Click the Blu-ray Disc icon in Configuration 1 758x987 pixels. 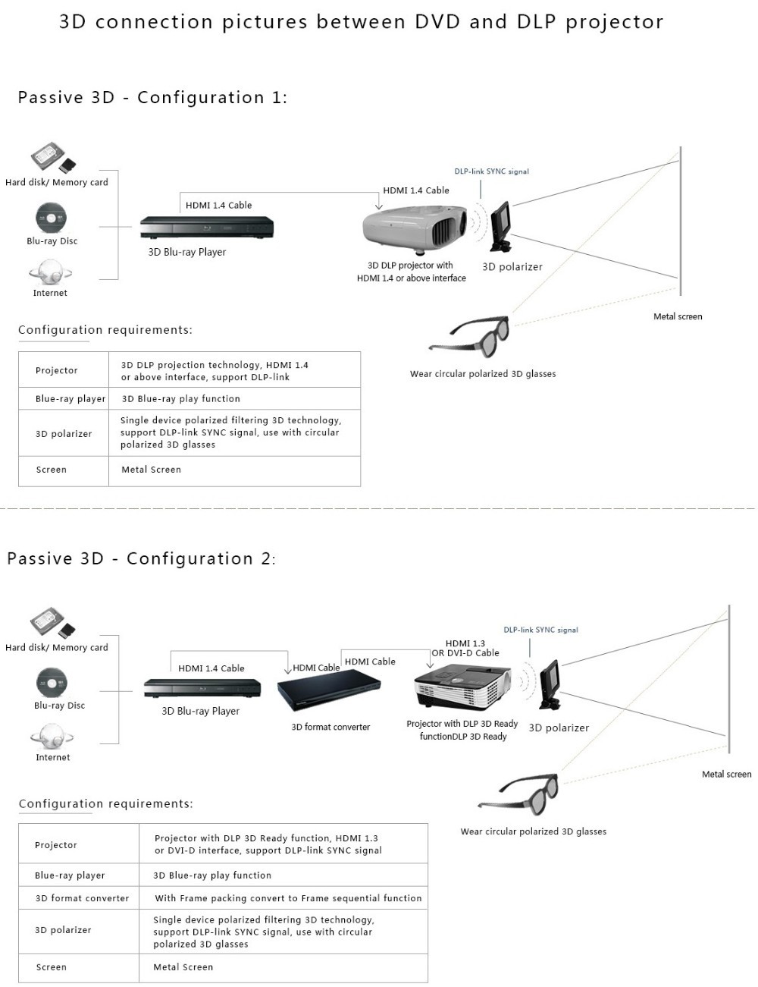[51, 218]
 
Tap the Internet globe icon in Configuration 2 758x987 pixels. [52, 735]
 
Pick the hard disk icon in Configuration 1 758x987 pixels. [49, 158]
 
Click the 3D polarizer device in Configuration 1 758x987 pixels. [501, 225]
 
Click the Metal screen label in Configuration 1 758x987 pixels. [678, 316]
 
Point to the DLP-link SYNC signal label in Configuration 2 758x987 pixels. [540, 630]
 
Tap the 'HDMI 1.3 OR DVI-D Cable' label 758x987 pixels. [465, 648]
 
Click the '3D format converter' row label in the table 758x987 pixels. [82, 898]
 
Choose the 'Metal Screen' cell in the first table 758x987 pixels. [152, 470]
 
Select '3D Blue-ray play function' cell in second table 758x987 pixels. [212, 875]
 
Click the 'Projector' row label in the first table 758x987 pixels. [57, 370]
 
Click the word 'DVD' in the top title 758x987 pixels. [437, 22]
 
